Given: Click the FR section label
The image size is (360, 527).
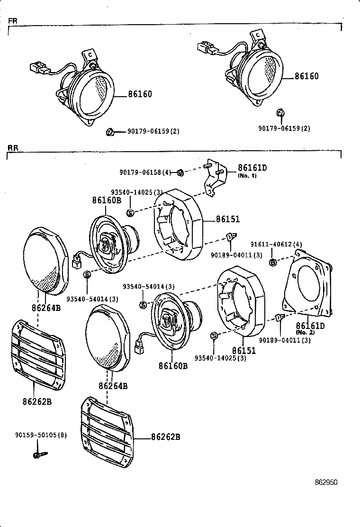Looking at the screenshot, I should coord(12,21).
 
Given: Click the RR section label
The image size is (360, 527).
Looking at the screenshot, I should coord(13,148).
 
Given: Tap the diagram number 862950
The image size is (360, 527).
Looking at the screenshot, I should coord(326,482).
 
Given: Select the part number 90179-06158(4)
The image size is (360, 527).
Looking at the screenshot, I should coord(145,173).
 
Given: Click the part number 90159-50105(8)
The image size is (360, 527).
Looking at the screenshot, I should coord(40,435).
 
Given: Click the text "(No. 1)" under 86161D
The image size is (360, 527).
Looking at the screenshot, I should coord(247,175).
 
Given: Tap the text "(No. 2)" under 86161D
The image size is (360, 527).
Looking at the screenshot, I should coord(305,332).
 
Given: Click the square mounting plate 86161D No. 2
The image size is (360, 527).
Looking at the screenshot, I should coord(308,284).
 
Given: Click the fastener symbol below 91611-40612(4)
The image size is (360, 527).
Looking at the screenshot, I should coord(273,262).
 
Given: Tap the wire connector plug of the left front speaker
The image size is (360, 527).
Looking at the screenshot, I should coord(37,69).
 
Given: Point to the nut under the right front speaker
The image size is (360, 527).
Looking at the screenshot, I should coord(280,113).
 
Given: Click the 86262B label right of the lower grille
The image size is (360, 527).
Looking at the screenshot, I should coord(165,436).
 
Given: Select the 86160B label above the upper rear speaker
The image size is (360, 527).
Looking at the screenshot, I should coord(107,200).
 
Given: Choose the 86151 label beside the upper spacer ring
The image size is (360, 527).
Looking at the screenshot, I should coord(228,219).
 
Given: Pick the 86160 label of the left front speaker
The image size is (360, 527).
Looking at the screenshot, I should coord(140,94).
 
